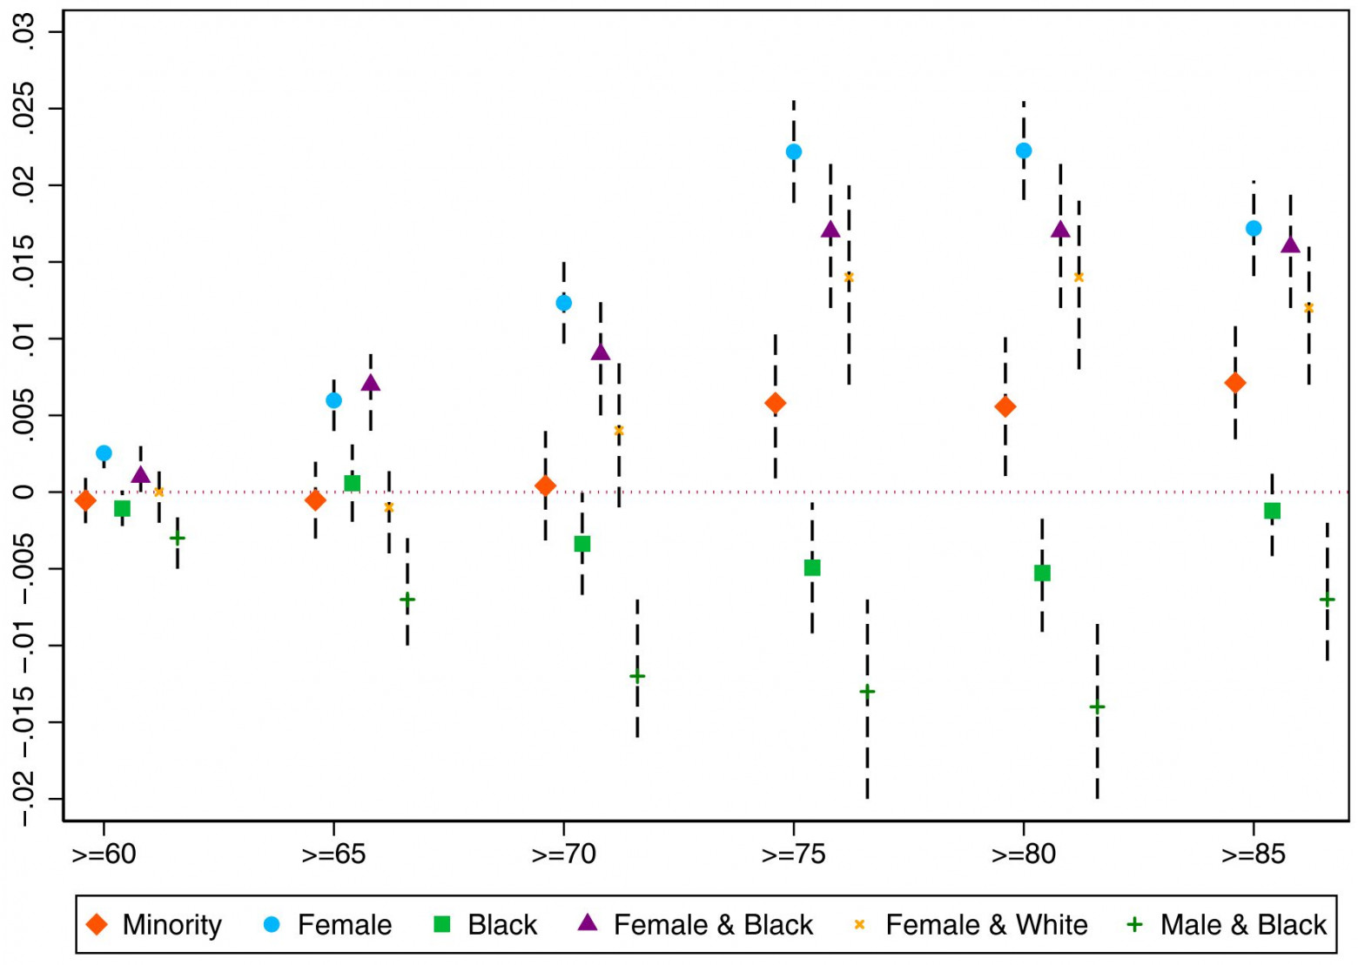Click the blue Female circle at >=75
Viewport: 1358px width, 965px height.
pyautogui.click(x=793, y=151)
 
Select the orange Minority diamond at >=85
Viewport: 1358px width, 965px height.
pyautogui.click(x=1234, y=383)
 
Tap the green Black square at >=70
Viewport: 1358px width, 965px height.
pyautogui.click(x=582, y=544)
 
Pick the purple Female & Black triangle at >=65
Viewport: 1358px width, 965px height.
pyautogui.click(x=371, y=384)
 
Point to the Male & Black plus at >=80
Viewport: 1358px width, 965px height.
pyautogui.click(x=1097, y=707)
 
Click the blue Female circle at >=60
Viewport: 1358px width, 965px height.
pyautogui.click(x=104, y=453)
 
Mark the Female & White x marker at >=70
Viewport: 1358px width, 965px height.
pyautogui.click(x=619, y=431)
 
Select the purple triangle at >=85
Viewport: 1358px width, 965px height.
pyautogui.click(x=1290, y=245)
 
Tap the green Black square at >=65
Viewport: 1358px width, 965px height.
pyautogui.click(x=353, y=483)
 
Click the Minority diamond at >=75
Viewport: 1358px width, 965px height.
pyautogui.click(x=775, y=403)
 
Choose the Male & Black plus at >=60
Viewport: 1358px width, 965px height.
pyautogui.click(x=177, y=538)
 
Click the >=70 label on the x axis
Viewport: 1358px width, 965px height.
pyautogui.click(x=563, y=854)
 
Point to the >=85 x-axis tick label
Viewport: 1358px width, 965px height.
pyautogui.click(x=1253, y=854)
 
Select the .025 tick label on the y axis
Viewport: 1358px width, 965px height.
pyautogui.click(x=28, y=110)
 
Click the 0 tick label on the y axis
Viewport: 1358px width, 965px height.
pyautogui.click(x=28, y=492)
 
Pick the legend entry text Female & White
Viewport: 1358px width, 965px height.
pyautogui.click(x=986, y=924)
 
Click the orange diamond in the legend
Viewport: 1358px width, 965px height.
pyautogui.click(x=97, y=924)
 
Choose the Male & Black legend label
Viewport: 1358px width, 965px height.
pyautogui.click(x=1243, y=924)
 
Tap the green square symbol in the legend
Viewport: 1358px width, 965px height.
pyautogui.click(x=442, y=924)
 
